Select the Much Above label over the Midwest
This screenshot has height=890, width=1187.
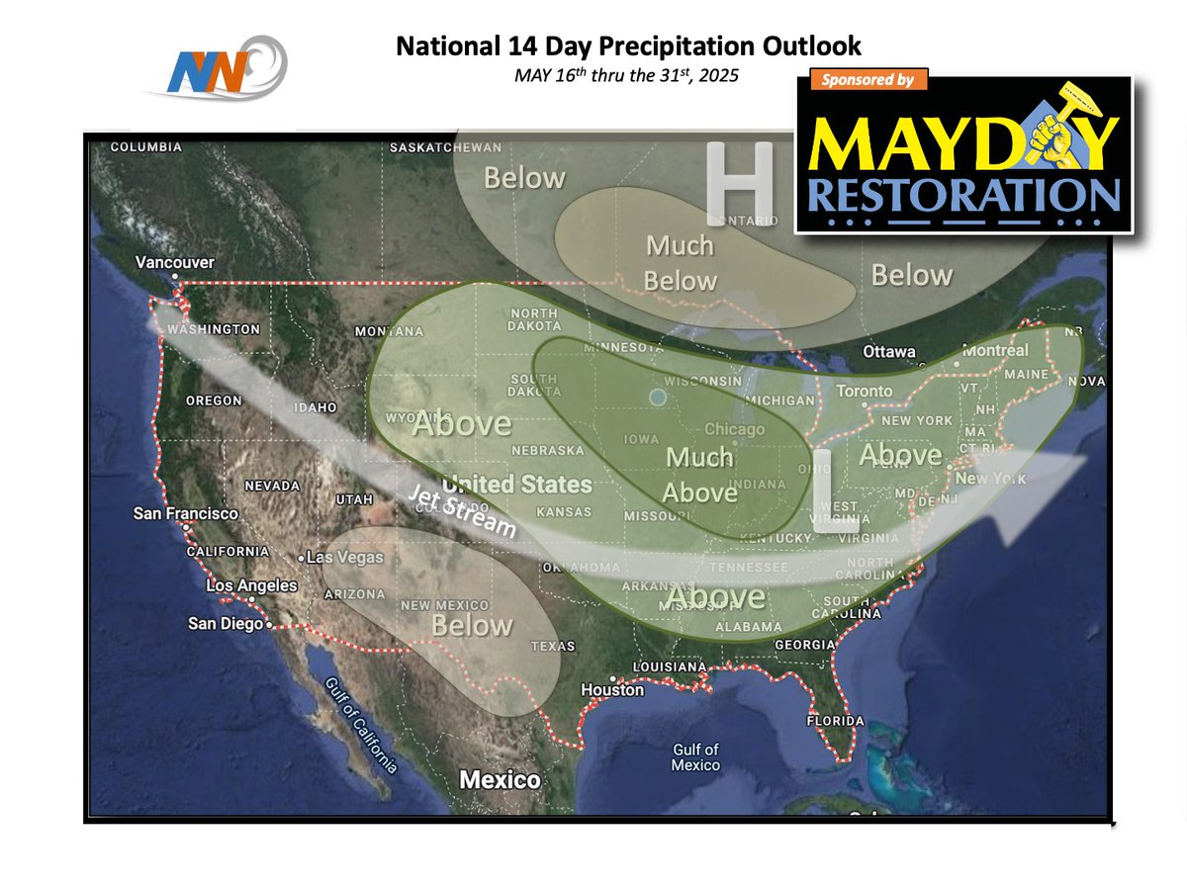(699, 474)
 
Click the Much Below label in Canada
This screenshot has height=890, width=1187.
(680, 263)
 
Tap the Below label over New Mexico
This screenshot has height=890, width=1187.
(472, 625)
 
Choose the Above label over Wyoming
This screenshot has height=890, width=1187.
(462, 423)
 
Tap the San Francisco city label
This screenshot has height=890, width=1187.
(186, 514)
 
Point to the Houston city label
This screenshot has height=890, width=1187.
(612, 689)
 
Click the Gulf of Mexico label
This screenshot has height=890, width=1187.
(694, 757)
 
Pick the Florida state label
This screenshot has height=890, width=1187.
(835, 720)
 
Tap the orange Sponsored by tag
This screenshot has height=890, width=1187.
(865, 79)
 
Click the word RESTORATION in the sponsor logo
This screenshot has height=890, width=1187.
(963, 194)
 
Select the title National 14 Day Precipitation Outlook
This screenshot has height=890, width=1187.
(628, 46)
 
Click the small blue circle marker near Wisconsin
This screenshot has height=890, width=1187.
(658, 398)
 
